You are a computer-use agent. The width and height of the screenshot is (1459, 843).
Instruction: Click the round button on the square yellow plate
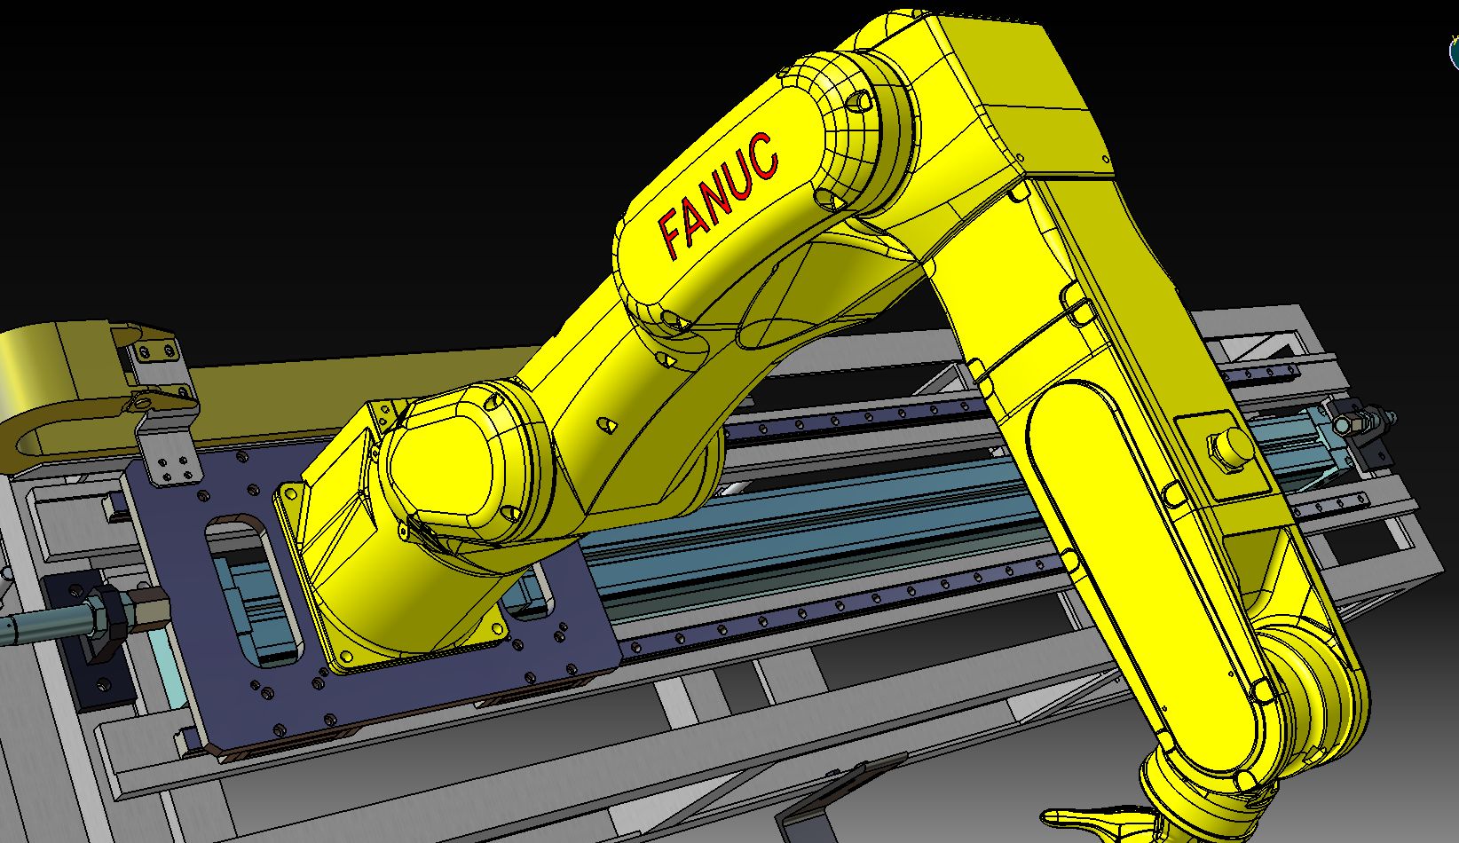(x=1228, y=446)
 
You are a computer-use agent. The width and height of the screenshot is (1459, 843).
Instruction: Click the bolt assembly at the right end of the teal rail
(x=1358, y=426)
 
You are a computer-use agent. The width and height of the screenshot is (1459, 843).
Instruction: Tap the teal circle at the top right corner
(x=1455, y=53)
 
